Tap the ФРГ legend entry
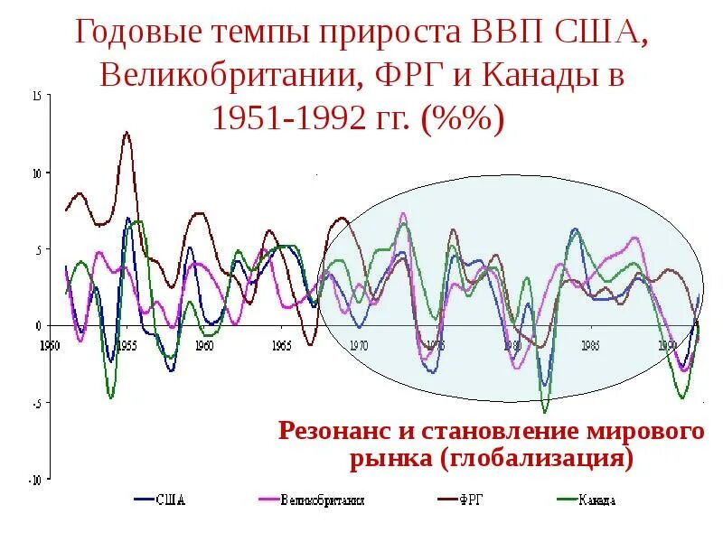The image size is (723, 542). coord(471,500)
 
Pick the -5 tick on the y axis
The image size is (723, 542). coord(35,404)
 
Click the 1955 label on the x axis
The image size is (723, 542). coord(127,345)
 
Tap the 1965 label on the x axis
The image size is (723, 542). coord(281,345)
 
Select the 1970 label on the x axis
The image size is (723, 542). coord(359,345)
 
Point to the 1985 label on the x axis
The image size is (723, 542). coord(591,345)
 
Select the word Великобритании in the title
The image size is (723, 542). coord(228,76)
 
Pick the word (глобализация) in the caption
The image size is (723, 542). coord(537,457)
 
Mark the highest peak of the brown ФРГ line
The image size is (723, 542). coord(127,132)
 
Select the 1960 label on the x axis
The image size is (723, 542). coord(204,345)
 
